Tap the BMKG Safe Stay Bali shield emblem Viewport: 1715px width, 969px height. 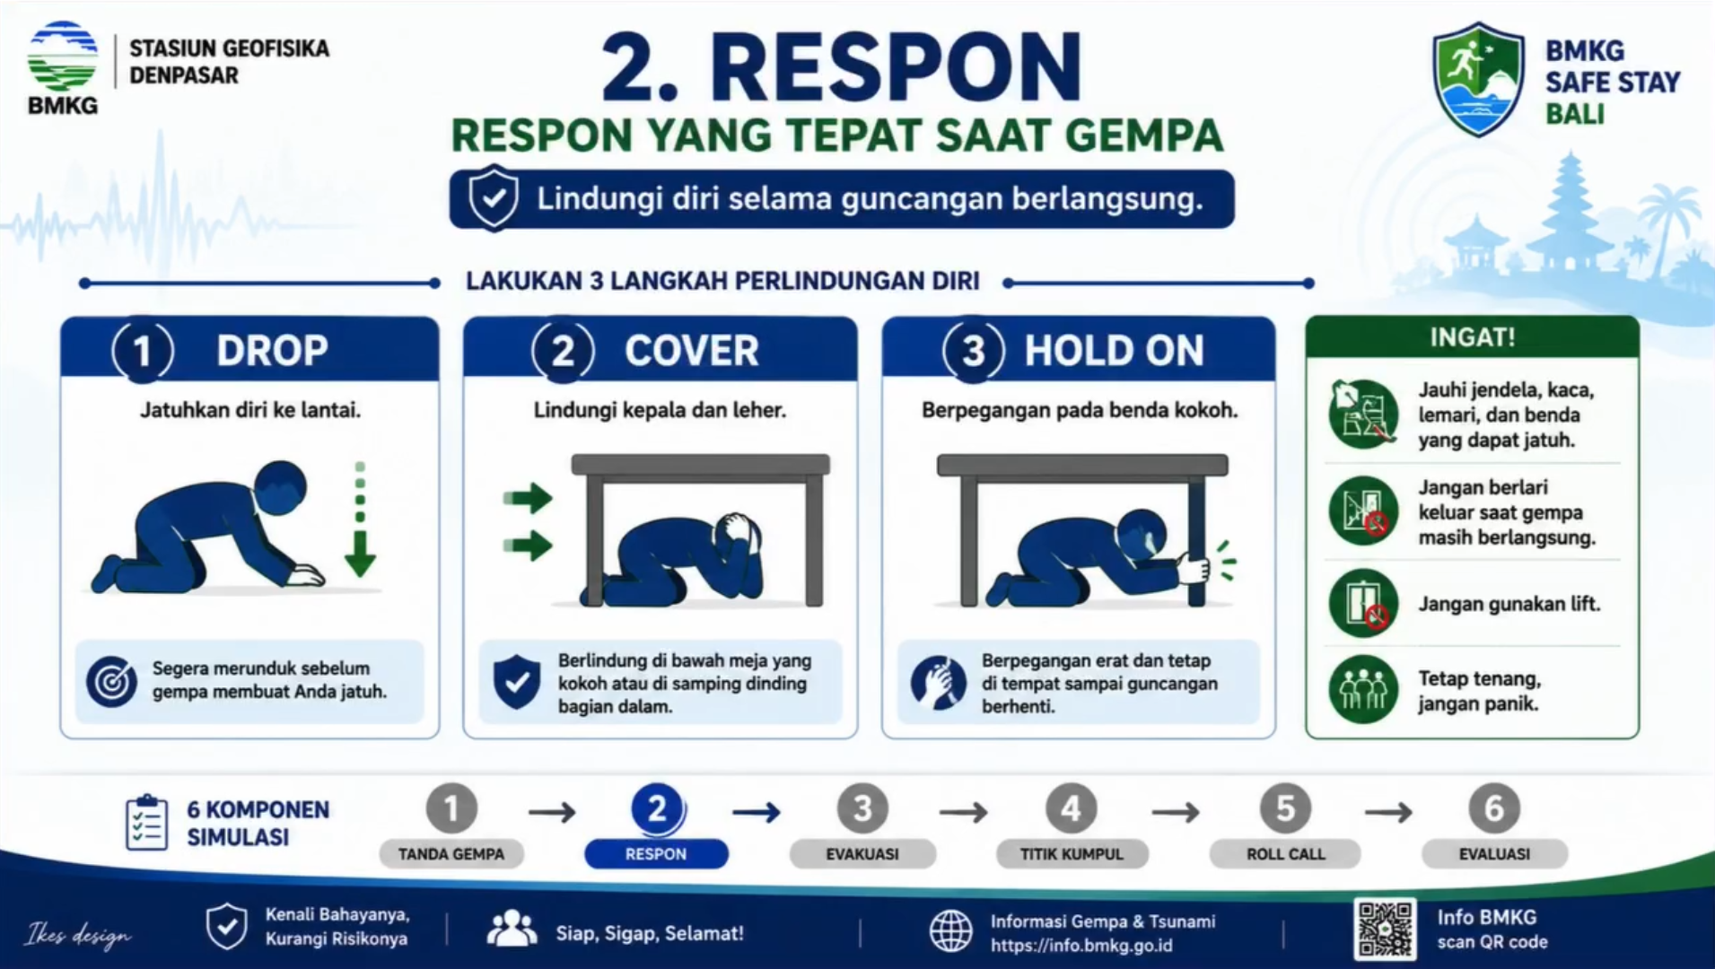1478,79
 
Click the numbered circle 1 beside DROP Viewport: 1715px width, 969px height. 143,351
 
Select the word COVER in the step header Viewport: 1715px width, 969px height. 691,351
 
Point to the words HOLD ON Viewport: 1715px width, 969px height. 1114,351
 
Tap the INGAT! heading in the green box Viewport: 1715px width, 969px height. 1472,337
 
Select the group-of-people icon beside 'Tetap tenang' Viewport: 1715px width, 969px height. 1363,689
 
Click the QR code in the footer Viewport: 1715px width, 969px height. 1385,929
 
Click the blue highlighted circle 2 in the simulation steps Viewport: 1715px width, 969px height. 657,809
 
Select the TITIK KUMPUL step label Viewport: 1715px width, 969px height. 1072,854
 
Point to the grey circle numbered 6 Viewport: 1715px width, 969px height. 1493,808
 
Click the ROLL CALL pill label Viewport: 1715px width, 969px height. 1285,854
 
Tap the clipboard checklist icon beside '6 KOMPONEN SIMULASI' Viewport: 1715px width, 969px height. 146,822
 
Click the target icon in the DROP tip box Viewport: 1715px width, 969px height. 111,681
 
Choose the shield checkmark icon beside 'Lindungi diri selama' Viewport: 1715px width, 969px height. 494,197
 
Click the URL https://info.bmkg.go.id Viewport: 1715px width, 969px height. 1081,946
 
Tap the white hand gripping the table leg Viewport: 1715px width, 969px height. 1193,569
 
